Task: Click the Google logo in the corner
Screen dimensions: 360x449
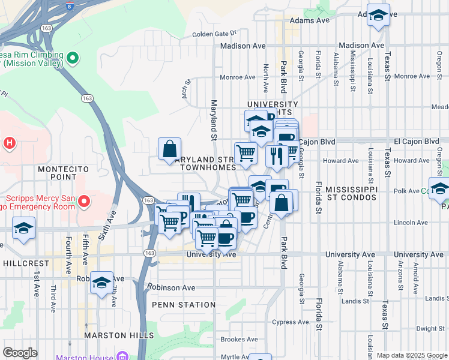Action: [20, 353]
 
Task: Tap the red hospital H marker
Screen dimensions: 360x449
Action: [9, 143]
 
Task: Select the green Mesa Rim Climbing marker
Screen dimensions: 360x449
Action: [73, 58]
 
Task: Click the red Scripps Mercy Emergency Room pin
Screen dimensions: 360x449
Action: [84, 200]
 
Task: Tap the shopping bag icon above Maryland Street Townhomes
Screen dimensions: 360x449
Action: [170, 148]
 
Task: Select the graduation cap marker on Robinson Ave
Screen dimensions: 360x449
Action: [102, 281]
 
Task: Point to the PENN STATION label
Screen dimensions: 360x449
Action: [183, 305]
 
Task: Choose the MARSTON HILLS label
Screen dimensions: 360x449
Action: [119, 335]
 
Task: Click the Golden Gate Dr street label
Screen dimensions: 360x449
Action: [215, 34]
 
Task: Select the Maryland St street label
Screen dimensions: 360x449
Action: [214, 120]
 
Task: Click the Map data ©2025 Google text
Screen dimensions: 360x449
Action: [411, 355]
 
